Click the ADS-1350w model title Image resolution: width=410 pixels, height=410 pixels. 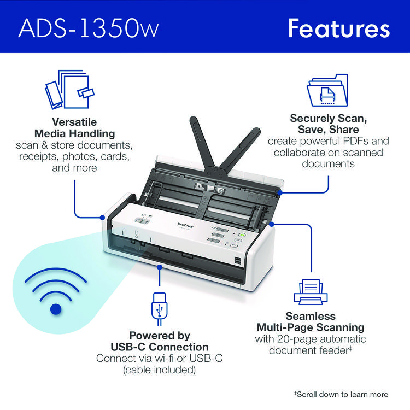(89, 28)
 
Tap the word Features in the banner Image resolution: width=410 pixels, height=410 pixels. (339, 28)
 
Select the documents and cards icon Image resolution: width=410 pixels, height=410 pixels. (69, 90)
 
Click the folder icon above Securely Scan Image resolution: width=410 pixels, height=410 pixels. (327, 90)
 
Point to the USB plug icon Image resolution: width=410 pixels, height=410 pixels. (160, 308)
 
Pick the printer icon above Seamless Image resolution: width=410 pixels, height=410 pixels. (311, 292)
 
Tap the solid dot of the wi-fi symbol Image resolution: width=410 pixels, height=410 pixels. (56, 309)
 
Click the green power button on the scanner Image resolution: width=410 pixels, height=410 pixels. (242, 235)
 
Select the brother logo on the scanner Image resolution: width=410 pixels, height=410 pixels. (186, 225)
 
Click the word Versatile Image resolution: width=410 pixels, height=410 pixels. (74, 122)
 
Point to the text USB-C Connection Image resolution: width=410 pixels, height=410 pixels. (160, 347)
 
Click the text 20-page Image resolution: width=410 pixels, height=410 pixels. (297, 339)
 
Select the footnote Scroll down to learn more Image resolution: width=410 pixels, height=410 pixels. (341, 394)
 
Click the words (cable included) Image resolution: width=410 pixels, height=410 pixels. (160, 370)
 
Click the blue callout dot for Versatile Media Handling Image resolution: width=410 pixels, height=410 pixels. (103, 218)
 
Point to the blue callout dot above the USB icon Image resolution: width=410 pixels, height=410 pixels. (160, 267)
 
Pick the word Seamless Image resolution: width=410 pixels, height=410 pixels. (311, 316)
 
